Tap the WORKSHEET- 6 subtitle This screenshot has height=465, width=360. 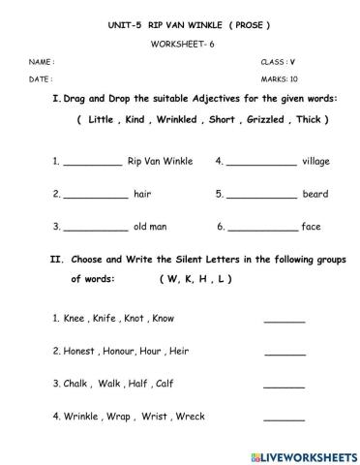(x=180, y=45)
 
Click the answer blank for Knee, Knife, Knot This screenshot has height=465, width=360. (x=284, y=320)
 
